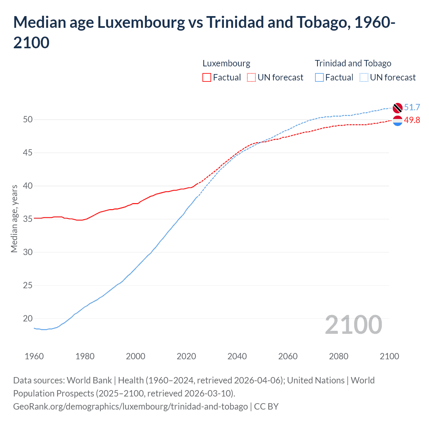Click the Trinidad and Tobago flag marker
point(397,108)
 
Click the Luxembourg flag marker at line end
point(397,121)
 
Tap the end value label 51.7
point(412,107)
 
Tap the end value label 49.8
point(412,120)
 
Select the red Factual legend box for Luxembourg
point(207,78)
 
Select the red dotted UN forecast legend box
point(251,78)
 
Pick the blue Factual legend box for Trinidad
point(319,78)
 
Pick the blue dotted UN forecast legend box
point(364,78)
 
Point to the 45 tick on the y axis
point(28,153)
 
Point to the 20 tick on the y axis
point(28,319)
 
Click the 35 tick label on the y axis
point(28,219)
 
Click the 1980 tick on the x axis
point(85,356)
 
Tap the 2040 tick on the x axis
point(237,356)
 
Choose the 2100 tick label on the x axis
point(389,356)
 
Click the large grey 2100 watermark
point(353,325)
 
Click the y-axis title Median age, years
point(14,219)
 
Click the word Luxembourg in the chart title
point(141,22)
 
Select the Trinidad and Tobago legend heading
point(353,63)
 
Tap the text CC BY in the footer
point(266,407)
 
